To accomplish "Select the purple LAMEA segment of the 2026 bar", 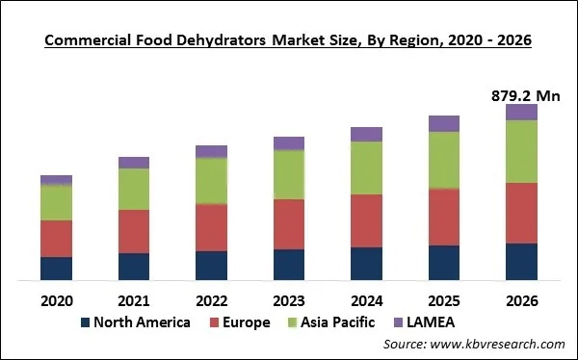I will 521,112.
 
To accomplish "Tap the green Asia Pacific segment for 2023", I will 288,174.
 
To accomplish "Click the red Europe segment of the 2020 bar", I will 56,238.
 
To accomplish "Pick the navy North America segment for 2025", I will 443,263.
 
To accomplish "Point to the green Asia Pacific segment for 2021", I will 134,189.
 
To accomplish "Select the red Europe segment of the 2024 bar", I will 366,220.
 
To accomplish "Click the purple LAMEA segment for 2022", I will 211,151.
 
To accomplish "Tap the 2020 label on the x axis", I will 56,298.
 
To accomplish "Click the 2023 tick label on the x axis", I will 288,298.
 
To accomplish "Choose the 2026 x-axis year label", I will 521,298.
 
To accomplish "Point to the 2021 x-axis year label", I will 134,298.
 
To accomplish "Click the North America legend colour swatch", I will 85,321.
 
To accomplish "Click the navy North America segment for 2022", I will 211,266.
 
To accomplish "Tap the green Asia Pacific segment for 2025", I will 443,160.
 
